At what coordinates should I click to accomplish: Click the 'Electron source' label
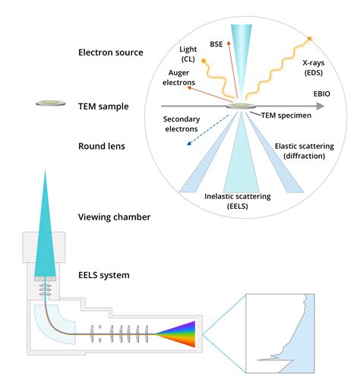[x=111, y=52]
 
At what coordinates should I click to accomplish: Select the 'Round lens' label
[x=103, y=145]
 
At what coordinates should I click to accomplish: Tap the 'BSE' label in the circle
[x=216, y=45]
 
